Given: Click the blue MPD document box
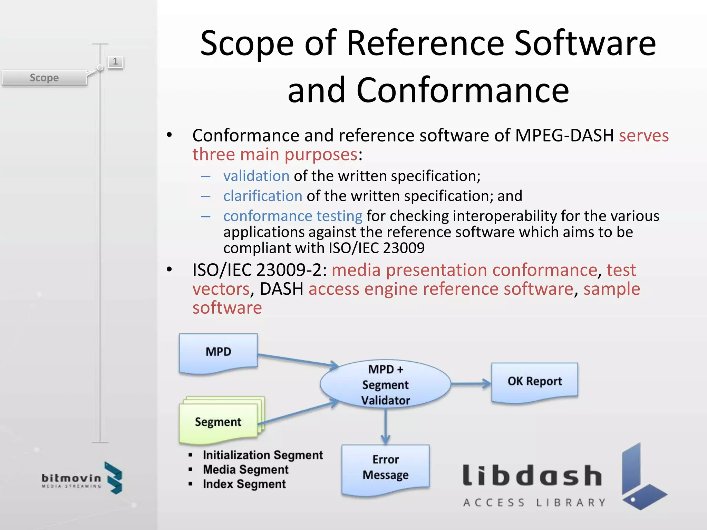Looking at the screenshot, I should [x=218, y=353].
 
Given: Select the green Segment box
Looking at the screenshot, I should [x=218, y=422].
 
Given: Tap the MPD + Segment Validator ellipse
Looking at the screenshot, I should [x=385, y=384].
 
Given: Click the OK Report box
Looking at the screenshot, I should [x=534, y=382].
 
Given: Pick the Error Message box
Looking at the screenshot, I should [x=385, y=468].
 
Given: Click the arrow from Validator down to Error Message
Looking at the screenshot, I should [x=386, y=426].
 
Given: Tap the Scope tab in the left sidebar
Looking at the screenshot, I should [x=44, y=78].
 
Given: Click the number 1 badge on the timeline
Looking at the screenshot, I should [x=115, y=62].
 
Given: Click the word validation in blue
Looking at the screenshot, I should [x=256, y=176].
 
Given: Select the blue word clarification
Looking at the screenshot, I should [x=263, y=196].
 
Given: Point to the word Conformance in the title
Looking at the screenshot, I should [x=463, y=90].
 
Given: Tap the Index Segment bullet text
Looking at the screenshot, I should [x=244, y=484].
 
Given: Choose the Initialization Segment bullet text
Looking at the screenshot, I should [x=263, y=455].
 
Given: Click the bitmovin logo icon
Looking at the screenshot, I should [x=114, y=478].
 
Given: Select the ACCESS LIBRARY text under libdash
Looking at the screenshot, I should [x=534, y=502].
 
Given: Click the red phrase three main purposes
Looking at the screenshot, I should [x=275, y=154].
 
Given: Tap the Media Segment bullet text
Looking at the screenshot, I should [x=245, y=470].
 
